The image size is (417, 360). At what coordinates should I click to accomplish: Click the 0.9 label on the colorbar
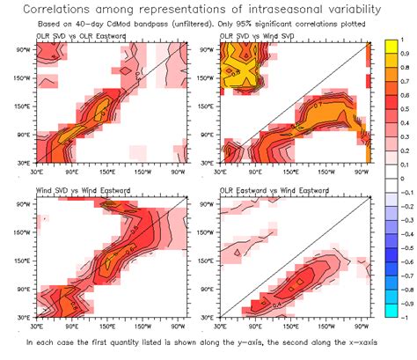point(406,55)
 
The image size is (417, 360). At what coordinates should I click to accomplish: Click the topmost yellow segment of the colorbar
point(391,48)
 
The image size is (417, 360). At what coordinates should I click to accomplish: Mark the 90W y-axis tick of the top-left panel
point(23,49)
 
